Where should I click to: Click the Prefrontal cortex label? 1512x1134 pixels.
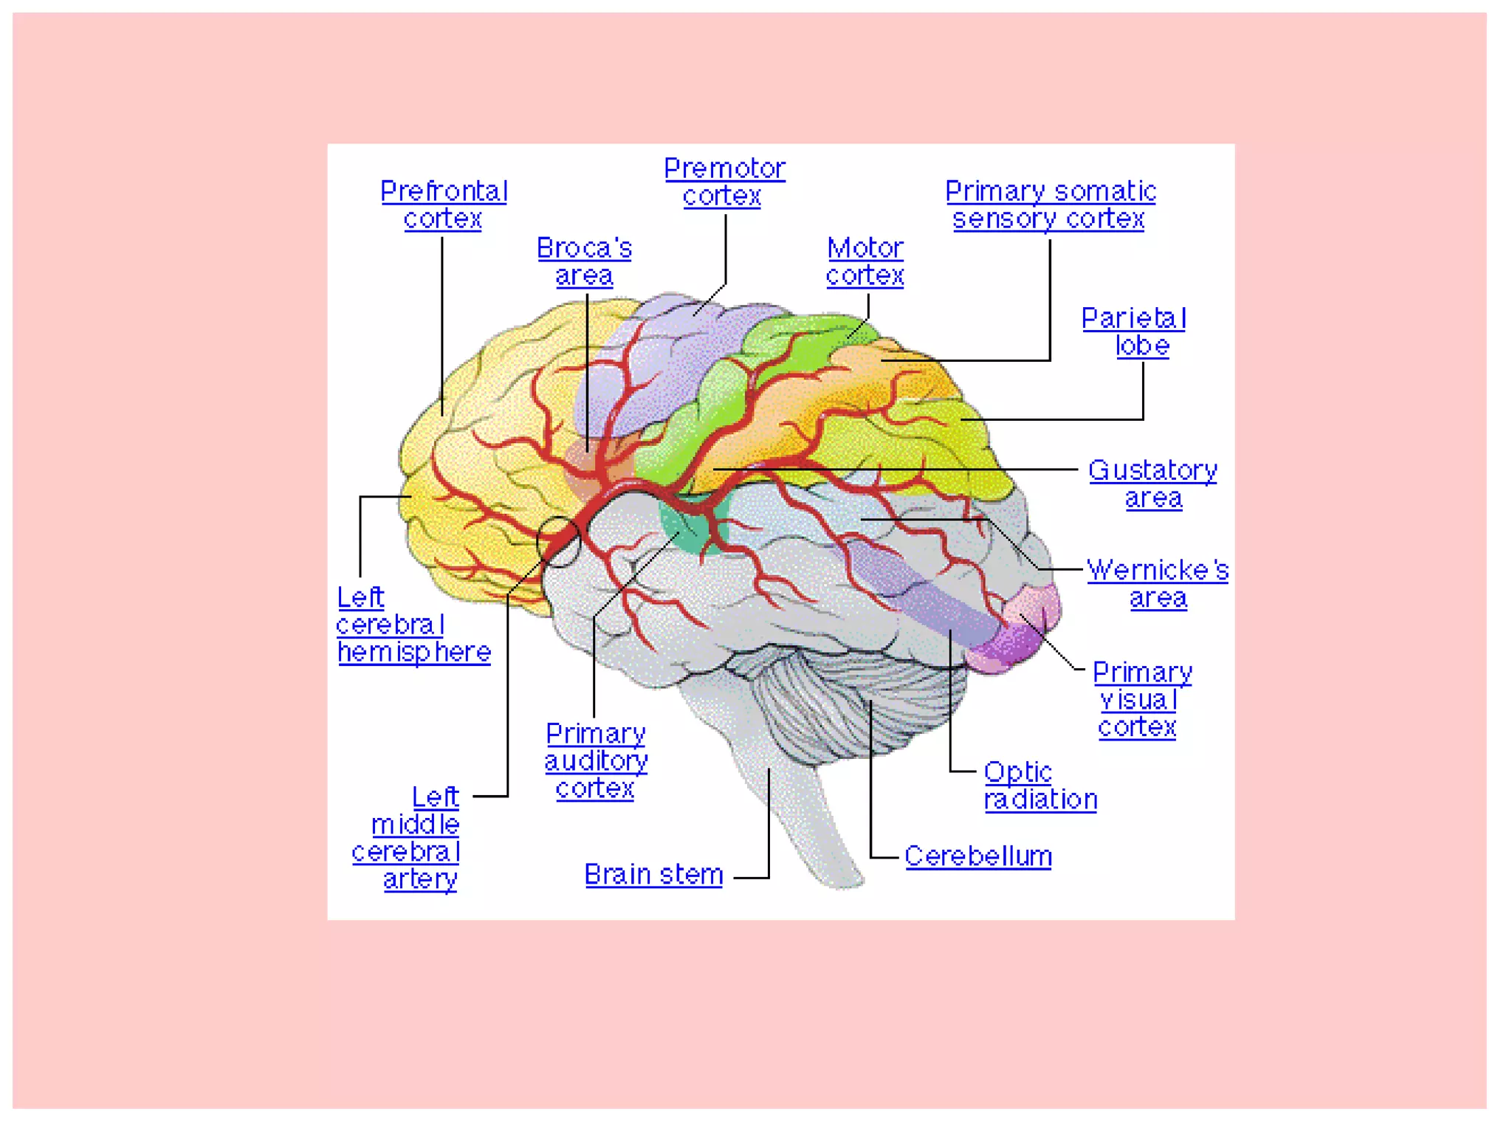coord(444,205)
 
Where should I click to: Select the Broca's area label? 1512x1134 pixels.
coord(584,261)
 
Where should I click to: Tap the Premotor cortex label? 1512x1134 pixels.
coord(724,182)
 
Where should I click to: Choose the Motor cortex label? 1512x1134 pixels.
coord(865,261)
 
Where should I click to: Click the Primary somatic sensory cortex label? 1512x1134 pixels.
coord(1050,205)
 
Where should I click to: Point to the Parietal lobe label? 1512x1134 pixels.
coord(1135,331)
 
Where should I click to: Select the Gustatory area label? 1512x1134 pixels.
coord(1152,484)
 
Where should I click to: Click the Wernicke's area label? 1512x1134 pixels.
coord(1158,583)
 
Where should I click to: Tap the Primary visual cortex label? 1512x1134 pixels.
coord(1141,699)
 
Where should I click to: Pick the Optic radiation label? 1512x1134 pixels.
coord(1039,786)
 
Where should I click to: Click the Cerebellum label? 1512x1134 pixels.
coord(977,856)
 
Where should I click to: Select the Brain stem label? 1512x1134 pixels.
coord(653,875)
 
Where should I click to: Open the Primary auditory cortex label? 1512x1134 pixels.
coord(596,761)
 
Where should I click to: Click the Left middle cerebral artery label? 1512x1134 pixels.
coord(413,838)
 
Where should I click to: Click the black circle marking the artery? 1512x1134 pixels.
coord(558,541)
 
